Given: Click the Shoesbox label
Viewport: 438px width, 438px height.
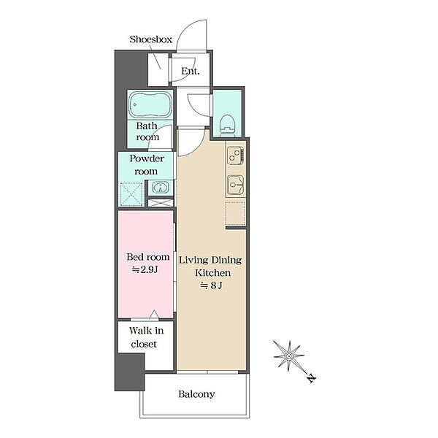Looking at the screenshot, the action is click(x=150, y=39).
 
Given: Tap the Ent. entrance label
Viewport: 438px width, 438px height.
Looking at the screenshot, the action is click(x=191, y=72).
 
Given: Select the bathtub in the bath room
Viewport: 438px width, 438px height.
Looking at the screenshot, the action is click(x=150, y=104).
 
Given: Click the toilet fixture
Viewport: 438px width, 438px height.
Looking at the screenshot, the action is click(x=226, y=126).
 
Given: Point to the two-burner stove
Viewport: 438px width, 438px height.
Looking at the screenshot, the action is click(x=236, y=156).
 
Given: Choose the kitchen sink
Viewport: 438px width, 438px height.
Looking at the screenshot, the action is click(x=236, y=185).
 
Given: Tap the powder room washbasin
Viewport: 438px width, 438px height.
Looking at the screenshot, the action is click(x=159, y=187).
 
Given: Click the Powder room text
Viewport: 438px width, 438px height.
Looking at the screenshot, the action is click(x=147, y=165).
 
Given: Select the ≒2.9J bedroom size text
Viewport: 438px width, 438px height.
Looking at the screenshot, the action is click(x=145, y=269).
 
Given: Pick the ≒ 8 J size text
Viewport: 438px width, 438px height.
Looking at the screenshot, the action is click(x=211, y=285).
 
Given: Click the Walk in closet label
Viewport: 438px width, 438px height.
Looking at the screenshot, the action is click(x=146, y=337).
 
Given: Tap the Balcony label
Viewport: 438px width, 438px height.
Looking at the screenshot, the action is click(x=196, y=394).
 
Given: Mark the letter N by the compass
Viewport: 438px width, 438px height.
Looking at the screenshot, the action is click(x=312, y=378).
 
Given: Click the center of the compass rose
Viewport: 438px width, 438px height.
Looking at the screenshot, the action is click(x=288, y=356).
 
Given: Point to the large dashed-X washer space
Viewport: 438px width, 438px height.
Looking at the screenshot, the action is click(x=131, y=194).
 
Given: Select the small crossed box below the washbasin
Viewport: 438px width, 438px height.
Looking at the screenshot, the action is click(x=161, y=203).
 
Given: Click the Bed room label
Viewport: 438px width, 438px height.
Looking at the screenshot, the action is click(x=148, y=257).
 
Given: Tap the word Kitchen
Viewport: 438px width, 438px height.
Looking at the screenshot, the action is click(x=213, y=272).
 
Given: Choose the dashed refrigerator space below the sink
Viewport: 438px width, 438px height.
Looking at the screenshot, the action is click(x=236, y=213).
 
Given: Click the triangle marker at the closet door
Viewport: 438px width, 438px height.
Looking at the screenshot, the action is click(x=154, y=315).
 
